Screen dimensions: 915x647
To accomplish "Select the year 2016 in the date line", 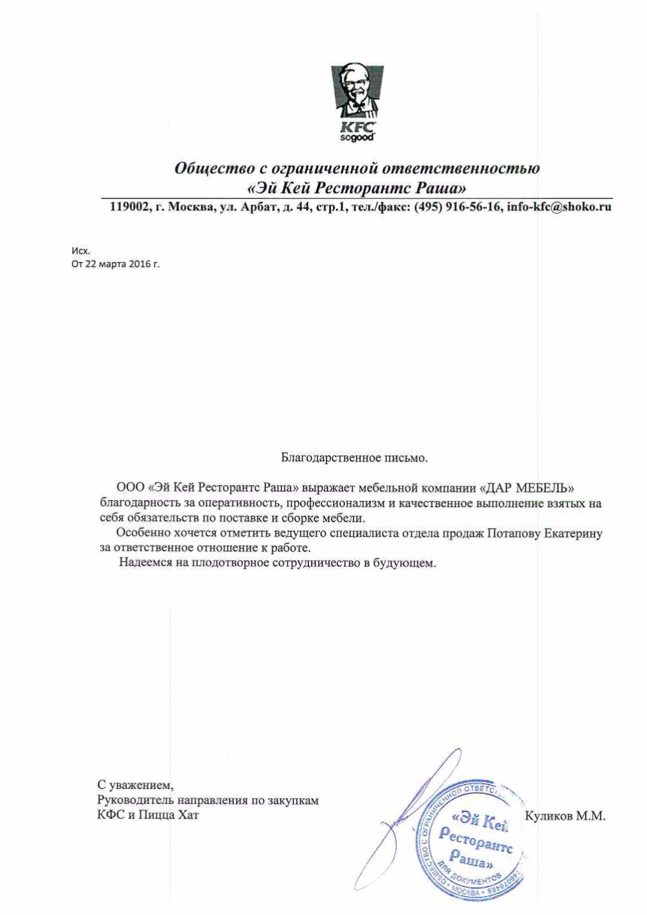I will click(x=141, y=264).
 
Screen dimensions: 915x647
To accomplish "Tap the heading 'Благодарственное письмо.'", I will click(x=354, y=458).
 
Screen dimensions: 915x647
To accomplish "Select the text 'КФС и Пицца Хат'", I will click(x=148, y=815).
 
